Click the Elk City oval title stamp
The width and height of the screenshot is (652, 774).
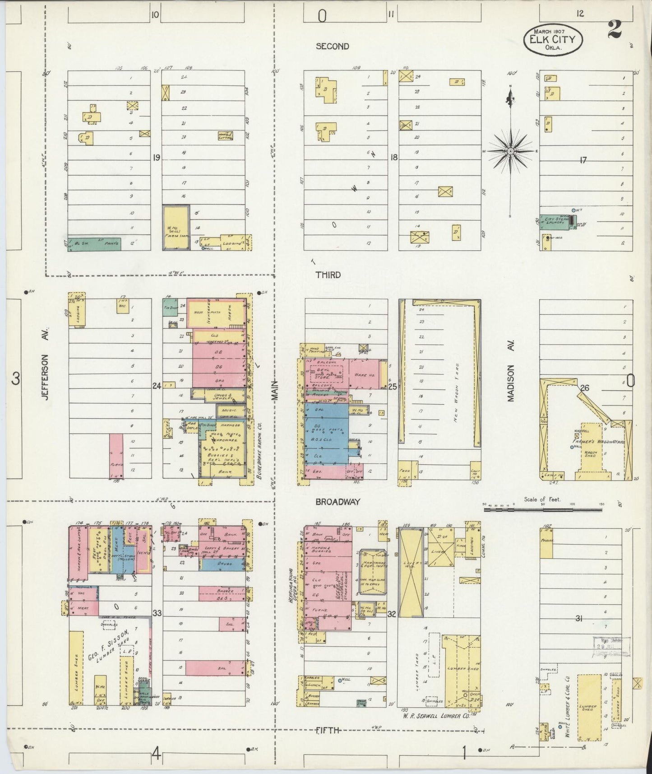coord(553,39)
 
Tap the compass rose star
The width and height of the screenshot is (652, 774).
coord(510,151)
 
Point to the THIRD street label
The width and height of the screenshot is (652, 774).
coord(328,275)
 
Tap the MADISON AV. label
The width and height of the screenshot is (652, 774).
coord(511,371)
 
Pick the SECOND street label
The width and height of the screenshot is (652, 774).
coord(333,46)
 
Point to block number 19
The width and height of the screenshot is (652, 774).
coord(157,158)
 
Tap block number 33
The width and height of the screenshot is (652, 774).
coord(157,613)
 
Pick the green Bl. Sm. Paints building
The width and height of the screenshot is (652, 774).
coord(94,243)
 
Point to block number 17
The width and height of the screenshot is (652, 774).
coord(583,159)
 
